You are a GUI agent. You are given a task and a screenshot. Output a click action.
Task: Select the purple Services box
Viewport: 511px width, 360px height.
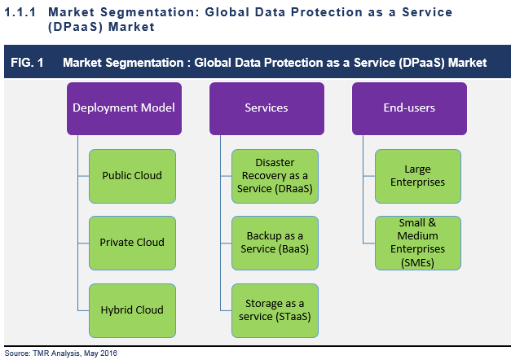coord(267,108)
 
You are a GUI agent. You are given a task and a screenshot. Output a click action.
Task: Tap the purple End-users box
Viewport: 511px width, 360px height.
coord(409,108)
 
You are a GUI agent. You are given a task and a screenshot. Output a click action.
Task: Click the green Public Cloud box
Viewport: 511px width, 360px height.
coord(132,176)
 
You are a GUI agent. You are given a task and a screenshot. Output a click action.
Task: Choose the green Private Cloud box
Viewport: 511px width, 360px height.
coord(132,243)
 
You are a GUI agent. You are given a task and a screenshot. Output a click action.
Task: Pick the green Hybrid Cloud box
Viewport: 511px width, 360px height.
coord(132,310)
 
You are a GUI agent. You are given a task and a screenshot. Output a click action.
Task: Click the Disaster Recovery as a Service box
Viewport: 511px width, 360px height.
coord(275,176)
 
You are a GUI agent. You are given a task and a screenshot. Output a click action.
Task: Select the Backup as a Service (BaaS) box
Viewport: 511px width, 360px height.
coord(275,243)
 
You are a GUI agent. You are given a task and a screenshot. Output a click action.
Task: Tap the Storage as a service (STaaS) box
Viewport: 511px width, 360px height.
coord(275,310)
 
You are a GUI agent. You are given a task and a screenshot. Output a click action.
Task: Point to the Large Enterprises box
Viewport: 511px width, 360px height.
coord(417,176)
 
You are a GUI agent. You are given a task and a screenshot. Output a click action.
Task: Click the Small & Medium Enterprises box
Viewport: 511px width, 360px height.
coord(417,243)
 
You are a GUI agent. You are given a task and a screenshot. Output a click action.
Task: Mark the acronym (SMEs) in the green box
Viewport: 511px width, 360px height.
coord(417,262)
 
